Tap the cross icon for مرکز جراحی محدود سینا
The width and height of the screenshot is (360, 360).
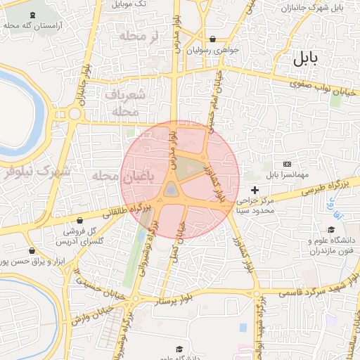255,190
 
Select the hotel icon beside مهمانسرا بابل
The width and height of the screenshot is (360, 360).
286,163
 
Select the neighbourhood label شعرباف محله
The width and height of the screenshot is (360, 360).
127,103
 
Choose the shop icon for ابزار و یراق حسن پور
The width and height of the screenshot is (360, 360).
32,251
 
